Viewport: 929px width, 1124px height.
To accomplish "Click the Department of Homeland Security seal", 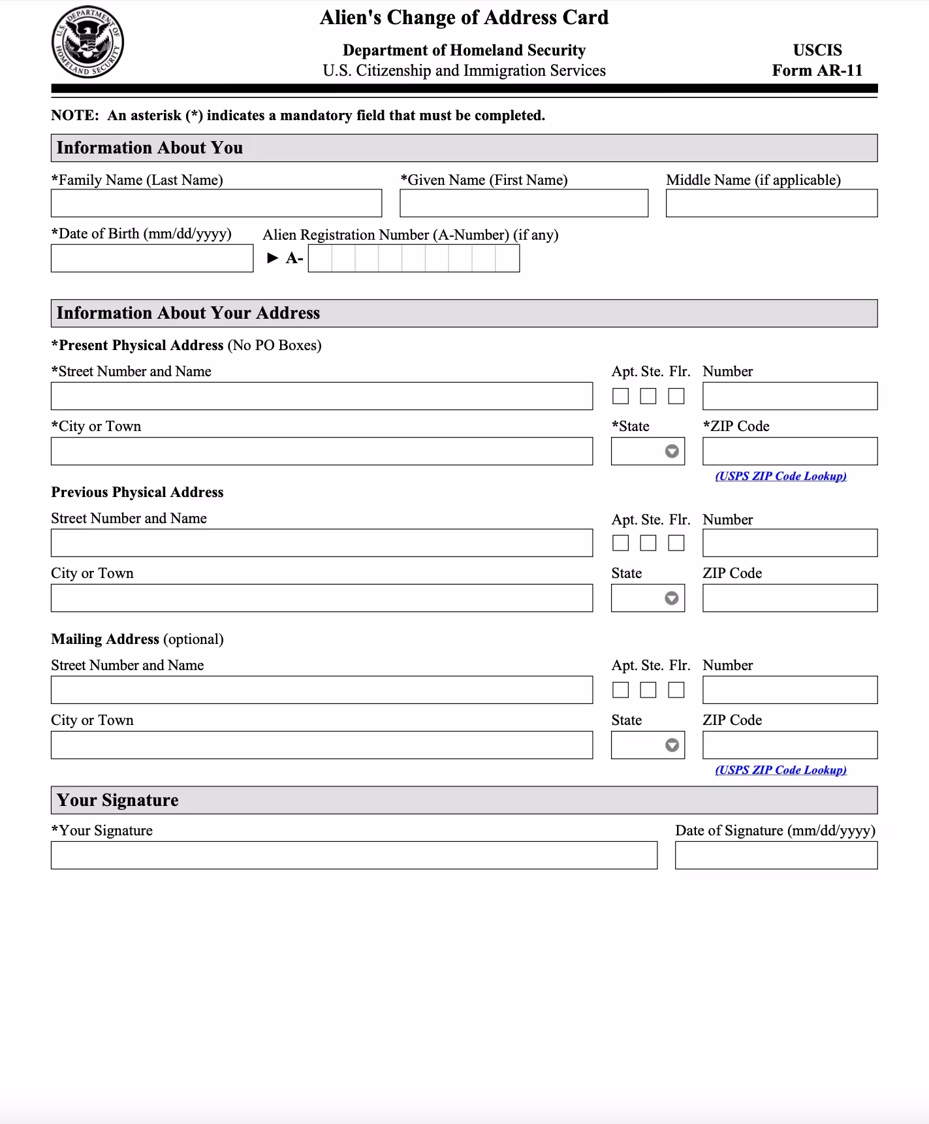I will coord(87,42).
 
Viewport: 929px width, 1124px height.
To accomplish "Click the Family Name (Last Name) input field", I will coord(216,203).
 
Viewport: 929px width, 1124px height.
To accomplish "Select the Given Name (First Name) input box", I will coord(524,203).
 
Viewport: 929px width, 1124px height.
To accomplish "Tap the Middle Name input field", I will coord(771,203).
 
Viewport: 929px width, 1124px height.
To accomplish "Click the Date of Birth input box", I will coord(152,259).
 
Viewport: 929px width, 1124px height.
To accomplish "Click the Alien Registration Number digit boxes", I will coord(414,259).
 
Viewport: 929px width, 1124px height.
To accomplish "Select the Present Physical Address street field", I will coord(322,396).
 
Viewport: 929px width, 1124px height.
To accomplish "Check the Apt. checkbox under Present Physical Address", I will coord(621,396).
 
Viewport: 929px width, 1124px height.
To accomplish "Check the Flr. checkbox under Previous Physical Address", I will coord(676,543).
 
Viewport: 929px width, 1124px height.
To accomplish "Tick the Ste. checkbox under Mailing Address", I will coord(648,690).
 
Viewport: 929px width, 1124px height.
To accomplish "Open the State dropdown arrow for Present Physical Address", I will coord(672,451).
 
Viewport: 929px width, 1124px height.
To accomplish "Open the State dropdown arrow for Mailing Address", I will coord(672,745).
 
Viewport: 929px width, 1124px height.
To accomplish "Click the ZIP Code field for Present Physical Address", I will coord(790,451).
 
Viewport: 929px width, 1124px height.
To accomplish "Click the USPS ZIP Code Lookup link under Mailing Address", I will coord(781,770).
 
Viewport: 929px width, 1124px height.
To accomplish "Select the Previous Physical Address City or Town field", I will coord(322,598).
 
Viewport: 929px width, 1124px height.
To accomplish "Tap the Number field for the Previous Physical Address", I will coord(790,543).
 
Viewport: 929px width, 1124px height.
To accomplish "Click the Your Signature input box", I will coord(354,856).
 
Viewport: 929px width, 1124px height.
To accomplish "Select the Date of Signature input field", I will coord(776,856).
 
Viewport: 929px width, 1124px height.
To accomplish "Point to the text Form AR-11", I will coord(817,71).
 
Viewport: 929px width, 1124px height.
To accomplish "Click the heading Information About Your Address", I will coord(188,313).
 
